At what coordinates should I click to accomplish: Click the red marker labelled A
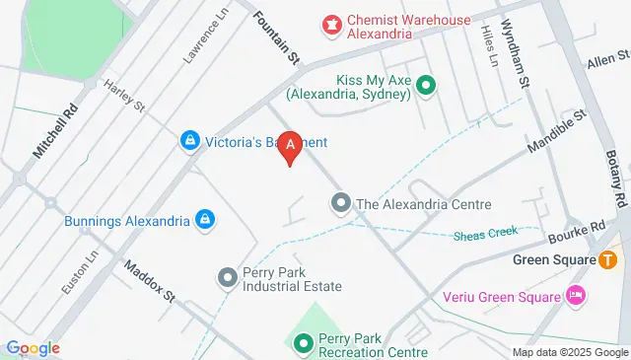tap(290, 147)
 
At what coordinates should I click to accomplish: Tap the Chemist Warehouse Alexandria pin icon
tap(331, 21)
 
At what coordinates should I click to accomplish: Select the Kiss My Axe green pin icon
tap(426, 86)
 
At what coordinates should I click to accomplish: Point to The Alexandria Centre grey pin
tap(340, 204)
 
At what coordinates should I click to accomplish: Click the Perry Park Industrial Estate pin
tap(228, 277)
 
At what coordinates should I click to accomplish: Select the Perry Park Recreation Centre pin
tap(303, 343)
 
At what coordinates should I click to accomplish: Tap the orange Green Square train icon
tap(608, 260)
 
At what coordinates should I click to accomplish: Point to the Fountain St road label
tap(276, 38)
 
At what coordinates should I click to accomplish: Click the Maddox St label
tap(149, 281)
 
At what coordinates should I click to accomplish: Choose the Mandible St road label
tap(556, 132)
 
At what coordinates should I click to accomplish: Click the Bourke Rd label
tap(581, 233)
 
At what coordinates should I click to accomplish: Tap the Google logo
tap(33, 348)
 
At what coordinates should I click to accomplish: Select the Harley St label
tap(124, 96)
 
